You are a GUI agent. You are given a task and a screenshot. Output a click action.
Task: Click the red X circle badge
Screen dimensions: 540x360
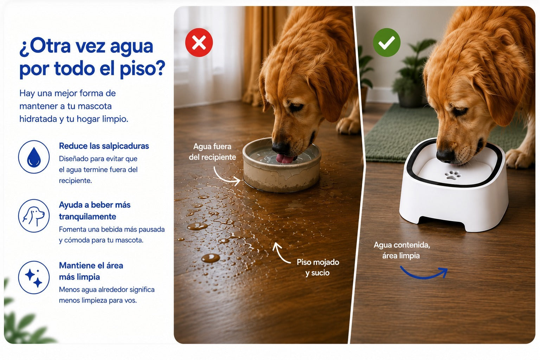[x=199, y=43]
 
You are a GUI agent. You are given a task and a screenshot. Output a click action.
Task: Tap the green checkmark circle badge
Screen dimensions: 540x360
[x=387, y=43]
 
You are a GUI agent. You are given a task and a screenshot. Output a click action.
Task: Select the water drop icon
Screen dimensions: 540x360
[x=34, y=157]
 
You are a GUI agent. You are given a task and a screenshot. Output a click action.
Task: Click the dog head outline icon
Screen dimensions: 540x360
[x=34, y=216]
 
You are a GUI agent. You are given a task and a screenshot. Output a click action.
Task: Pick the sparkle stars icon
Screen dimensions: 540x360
[x=34, y=277]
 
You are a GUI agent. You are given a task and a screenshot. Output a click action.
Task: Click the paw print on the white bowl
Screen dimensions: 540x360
[x=453, y=175]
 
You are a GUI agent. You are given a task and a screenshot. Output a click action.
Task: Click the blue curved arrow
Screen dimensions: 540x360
[x=424, y=273]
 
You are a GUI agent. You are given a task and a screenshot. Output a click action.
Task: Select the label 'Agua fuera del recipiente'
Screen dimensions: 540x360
[x=212, y=152]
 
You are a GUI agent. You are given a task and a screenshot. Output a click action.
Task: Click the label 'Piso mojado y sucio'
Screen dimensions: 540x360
[x=318, y=268]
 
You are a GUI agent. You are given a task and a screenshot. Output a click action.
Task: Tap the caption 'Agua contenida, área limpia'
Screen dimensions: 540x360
[x=401, y=250]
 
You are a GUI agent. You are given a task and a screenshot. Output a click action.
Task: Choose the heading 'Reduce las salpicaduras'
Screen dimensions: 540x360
[x=104, y=146]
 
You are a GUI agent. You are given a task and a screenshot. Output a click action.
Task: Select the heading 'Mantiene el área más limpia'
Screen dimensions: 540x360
[x=91, y=271]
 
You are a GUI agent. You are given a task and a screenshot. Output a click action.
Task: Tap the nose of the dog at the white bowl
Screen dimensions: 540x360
[x=445, y=156]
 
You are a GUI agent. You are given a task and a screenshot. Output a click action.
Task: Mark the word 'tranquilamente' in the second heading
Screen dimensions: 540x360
[x=88, y=217]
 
